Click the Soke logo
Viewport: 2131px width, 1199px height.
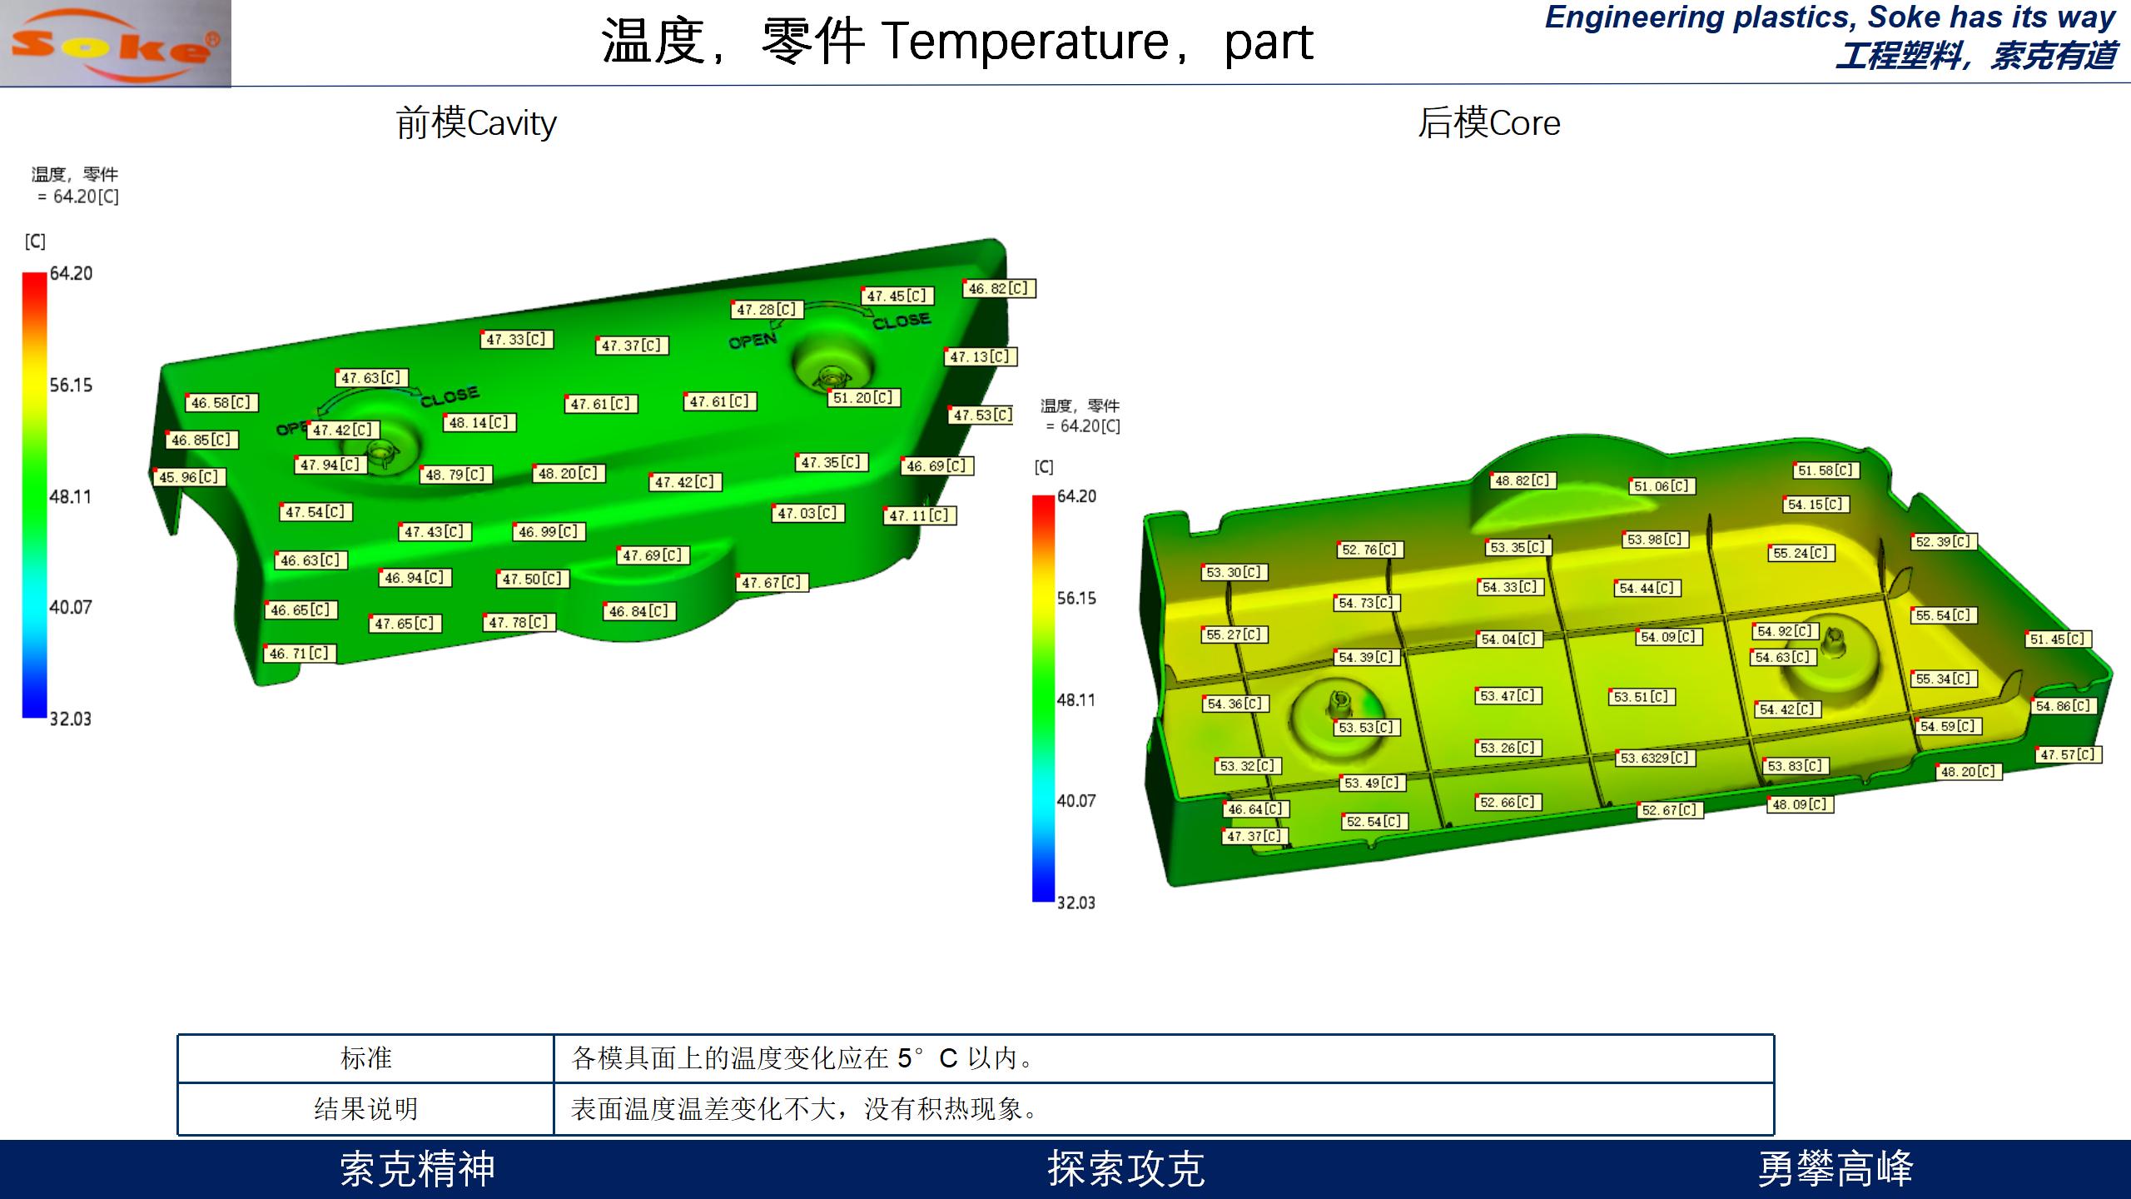pos(116,43)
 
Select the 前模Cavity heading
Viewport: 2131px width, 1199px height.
pos(476,123)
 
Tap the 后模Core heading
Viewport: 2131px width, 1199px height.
pos(1489,123)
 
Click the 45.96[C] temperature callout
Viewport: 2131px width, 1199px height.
pos(189,477)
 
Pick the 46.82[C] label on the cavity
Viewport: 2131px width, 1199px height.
pos(999,289)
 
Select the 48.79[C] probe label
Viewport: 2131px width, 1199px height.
pos(456,475)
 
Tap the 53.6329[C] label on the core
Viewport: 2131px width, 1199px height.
pos(1654,758)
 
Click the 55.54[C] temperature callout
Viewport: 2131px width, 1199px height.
pos(1944,615)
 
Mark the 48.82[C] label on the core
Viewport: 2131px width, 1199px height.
pos(1523,480)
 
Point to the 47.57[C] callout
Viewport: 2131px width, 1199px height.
pos(2069,754)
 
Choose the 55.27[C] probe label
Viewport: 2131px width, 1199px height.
pos(1235,634)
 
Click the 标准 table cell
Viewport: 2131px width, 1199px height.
pos(366,1058)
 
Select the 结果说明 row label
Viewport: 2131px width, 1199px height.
pos(366,1109)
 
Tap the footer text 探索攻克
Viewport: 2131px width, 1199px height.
pos(1126,1169)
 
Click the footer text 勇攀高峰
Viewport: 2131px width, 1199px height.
pos(1835,1169)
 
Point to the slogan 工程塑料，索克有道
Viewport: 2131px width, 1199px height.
pos(1975,56)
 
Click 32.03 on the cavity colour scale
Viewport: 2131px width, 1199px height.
pos(71,719)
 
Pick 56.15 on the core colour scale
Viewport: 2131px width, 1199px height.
pos(1076,599)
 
